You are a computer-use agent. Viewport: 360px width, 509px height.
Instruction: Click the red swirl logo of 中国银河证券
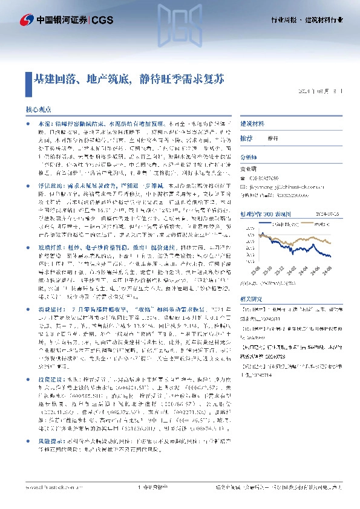click(x=25, y=19)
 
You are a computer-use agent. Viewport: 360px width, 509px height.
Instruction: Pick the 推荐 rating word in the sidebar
click(x=246, y=138)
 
